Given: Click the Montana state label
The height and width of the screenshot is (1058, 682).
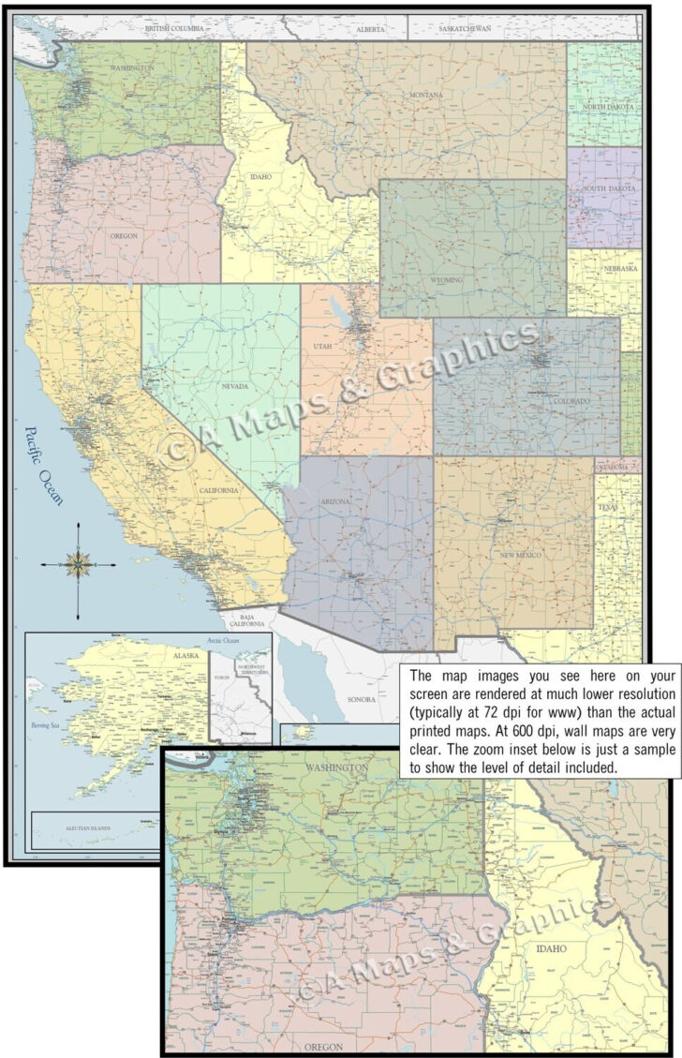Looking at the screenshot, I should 425,96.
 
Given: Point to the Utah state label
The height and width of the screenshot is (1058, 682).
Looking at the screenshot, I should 323,347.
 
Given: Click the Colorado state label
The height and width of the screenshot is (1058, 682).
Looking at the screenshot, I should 571,401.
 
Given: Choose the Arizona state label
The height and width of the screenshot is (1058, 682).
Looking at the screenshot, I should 334,502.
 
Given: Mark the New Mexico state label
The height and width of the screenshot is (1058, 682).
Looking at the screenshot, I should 521,556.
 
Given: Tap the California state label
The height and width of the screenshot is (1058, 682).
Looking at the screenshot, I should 217,491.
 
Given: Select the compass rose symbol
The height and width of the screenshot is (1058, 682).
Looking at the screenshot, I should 78,565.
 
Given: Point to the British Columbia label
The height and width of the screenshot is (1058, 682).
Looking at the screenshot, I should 174,29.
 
